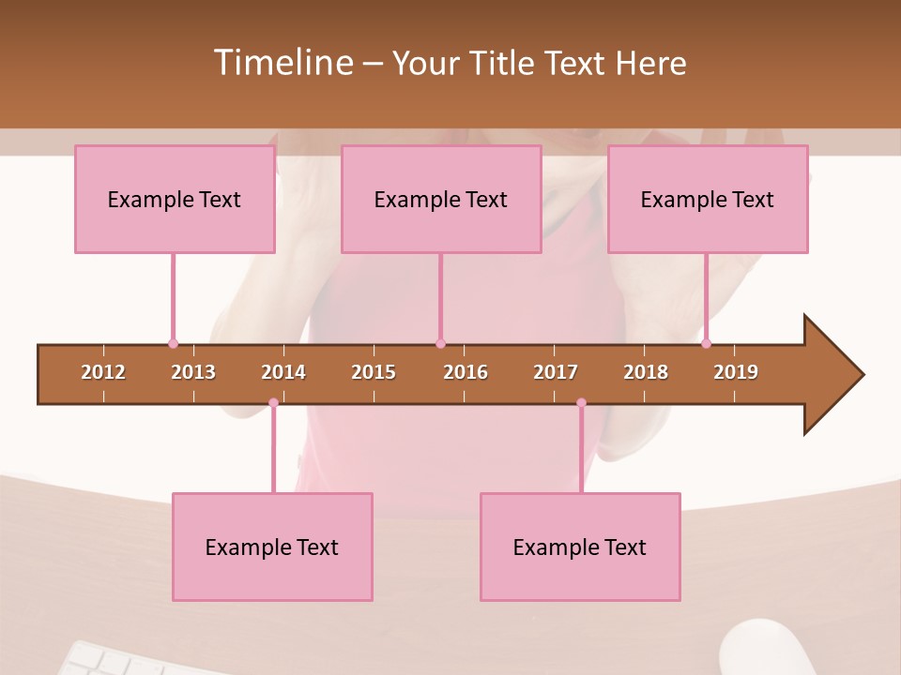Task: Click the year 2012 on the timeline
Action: pos(103,372)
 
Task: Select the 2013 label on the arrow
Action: pos(193,372)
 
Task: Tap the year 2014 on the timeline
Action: pos(283,372)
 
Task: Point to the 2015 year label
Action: pos(374,372)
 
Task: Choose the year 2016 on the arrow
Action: pos(466,372)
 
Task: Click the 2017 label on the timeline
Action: pos(556,372)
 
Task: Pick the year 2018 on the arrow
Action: pos(646,372)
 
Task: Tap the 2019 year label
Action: pos(736,372)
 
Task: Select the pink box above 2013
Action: pos(175,199)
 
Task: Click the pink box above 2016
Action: pos(441,199)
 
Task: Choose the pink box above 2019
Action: pos(708,199)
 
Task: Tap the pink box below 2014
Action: pos(272,547)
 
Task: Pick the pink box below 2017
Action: pos(580,547)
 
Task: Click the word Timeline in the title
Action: pos(282,63)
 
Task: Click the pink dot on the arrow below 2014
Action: pos(273,403)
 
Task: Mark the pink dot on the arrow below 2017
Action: pos(581,403)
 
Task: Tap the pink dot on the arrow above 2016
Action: pos(440,343)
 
